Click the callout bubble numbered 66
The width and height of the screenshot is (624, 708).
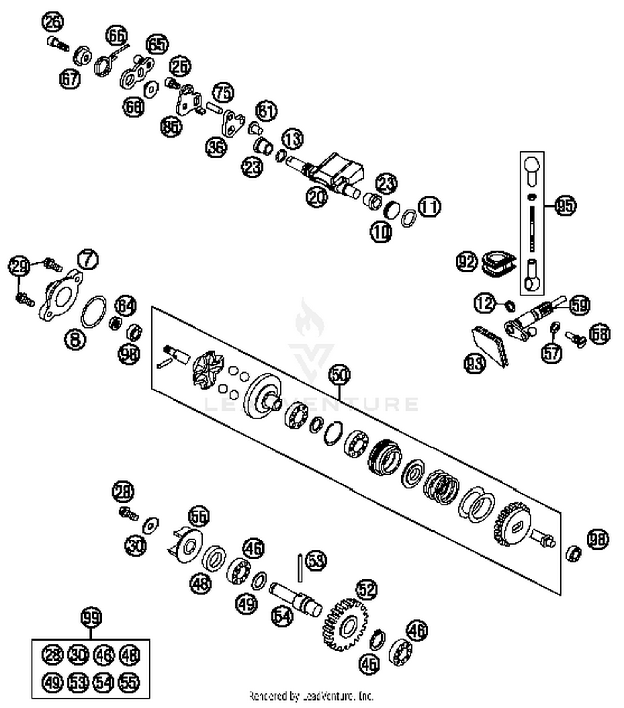[117, 36]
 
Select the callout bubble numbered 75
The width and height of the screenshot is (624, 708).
[223, 92]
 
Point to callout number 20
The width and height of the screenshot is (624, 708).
[317, 197]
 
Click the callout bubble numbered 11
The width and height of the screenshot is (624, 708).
[429, 206]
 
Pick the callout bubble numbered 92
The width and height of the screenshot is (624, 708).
[466, 262]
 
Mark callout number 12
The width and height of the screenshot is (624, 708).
[485, 303]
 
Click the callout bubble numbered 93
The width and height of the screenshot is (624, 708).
[475, 363]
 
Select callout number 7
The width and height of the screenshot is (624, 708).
[88, 260]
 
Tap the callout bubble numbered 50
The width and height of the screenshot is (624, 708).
[339, 375]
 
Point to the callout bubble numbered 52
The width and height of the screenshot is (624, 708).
[366, 589]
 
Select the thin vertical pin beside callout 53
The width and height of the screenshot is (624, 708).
[300, 567]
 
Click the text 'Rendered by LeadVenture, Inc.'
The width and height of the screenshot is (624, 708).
[311, 696]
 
